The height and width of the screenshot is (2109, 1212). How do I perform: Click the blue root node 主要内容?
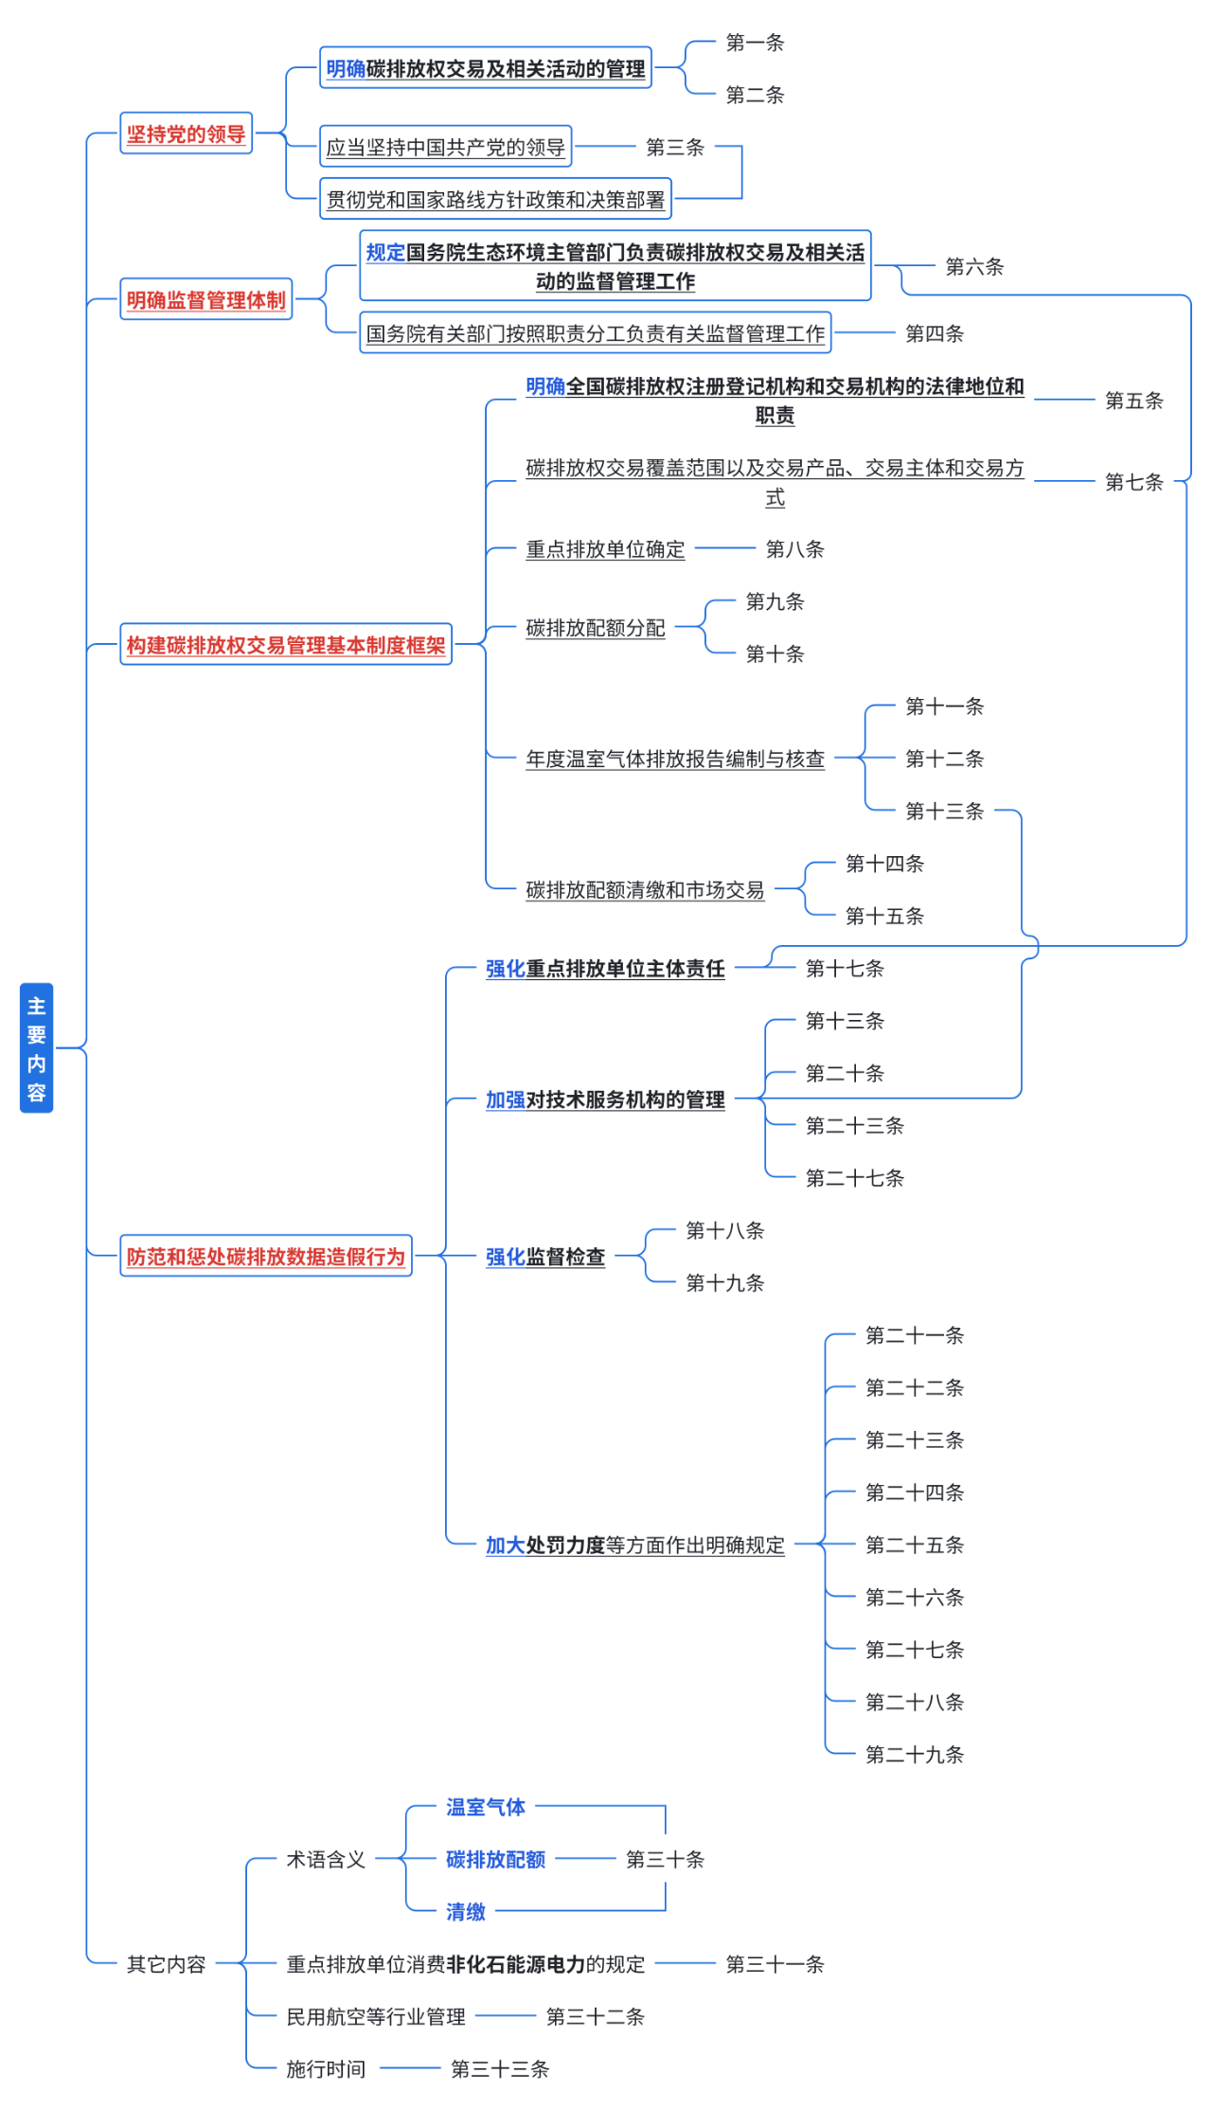pos(36,1047)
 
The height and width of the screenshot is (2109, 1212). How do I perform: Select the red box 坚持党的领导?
pos(186,134)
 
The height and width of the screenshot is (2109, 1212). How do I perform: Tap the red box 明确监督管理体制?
pos(205,299)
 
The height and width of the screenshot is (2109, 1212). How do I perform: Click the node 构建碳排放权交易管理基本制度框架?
pos(285,645)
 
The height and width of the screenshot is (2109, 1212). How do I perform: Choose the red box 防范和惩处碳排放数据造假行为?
pos(265,1256)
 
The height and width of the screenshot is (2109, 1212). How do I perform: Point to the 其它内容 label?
pos(166,1964)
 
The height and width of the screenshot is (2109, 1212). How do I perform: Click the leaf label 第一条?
pos(755,43)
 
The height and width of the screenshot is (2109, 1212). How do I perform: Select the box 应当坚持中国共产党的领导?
pos(445,147)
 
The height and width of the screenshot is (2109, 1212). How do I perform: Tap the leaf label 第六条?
pos(973,267)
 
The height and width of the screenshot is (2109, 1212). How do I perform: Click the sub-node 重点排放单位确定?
pos(605,549)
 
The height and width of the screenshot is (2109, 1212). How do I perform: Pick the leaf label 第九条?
pos(775,601)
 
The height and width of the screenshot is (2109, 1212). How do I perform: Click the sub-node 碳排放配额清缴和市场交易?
pos(645,889)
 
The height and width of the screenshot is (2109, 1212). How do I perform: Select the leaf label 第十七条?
pos(845,968)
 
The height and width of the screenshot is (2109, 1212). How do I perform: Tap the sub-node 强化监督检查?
pos(544,1257)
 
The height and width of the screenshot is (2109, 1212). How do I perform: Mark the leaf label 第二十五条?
pos(914,1545)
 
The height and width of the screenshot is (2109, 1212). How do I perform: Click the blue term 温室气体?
pos(486,1807)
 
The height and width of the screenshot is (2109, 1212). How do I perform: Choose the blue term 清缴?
pos(466,1912)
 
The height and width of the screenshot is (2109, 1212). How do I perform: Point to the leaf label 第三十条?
pos(665,1859)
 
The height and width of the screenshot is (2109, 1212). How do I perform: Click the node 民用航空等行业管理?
pos(376,2016)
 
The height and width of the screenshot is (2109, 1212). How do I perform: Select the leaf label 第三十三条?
pos(500,2069)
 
